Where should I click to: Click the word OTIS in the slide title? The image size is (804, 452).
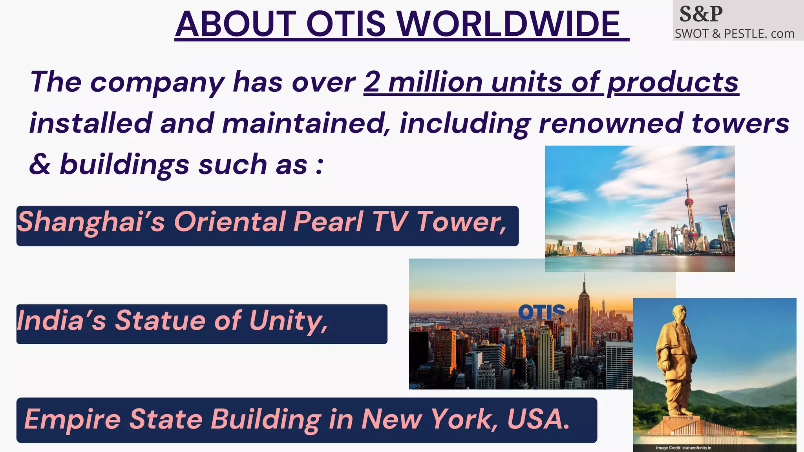pyautogui.click(x=346, y=24)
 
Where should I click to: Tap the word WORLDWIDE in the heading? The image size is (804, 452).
pyautogui.click(x=508, y=24)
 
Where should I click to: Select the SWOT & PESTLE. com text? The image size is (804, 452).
pyautogui.click(x=735, y=34)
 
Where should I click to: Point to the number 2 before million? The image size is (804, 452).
pyautogui.click(x=371, y=82)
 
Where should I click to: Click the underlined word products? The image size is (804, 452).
pyautogui.click(x=673, y=83)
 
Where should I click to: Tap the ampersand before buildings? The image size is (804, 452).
pyautogui.click(x=40, y=164)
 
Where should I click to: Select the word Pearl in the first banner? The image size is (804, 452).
pyautogui.click(x=328, y=222)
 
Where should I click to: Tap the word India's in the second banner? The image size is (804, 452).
pyautogui.click(x=61, y=321)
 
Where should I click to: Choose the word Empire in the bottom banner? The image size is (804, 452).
pyautogui.click(x=73, y=419)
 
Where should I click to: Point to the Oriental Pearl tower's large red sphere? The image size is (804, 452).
pyautogui.click(x=689, y=202)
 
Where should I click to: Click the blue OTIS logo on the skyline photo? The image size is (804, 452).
pyautogui.click(x=541, y=312)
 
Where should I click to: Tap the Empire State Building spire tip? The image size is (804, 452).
pyautogui.click(x=584, y=274)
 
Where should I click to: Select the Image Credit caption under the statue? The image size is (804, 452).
pyautogui.click(x=683, y=448)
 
